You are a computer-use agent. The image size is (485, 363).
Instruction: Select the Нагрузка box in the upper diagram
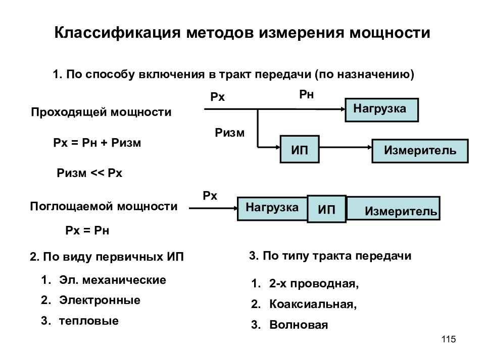point(382,110)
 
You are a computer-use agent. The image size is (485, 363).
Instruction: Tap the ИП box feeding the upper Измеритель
point(300,149)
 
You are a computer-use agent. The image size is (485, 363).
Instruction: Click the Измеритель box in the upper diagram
point(420,151)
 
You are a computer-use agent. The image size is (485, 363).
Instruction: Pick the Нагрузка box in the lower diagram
point(272,209)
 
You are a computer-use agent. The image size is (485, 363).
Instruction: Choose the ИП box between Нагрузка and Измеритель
point(327,209)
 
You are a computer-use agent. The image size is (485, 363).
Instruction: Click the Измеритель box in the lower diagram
point(393,208)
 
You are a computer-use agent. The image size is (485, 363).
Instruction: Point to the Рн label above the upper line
point(306,94)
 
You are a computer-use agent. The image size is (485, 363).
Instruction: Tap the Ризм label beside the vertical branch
point(229,133)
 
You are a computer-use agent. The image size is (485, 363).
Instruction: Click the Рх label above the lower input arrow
point(210,196)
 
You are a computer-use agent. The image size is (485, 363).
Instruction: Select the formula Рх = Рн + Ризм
point(97,143)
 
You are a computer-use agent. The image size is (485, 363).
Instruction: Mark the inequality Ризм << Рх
point(89,173)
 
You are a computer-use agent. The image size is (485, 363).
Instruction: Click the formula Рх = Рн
point(87,230)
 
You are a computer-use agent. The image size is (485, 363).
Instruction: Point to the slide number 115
point(449,339)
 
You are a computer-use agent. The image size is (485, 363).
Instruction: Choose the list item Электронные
point(100,300)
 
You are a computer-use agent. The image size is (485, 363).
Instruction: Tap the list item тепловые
point(89,321)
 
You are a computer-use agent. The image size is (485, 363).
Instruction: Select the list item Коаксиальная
point(313,305)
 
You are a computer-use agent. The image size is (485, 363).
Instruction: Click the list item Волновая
point(299,325)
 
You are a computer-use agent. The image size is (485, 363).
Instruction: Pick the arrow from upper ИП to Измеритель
point(346,147)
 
